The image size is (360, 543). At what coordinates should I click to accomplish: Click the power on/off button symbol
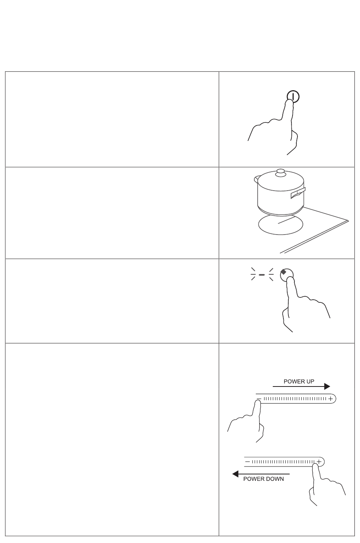pyautogui.click(x=293, y=97)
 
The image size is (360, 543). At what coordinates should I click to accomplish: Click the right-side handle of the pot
pyautogui.click(x=298, y=193)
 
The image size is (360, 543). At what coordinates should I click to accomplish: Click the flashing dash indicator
pyautogui.click(x=262, y=275)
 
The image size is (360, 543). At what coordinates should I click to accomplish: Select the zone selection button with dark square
pyautogui.click(x=286, y=275)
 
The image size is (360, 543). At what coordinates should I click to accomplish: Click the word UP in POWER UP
pyautogui.click(x=310, y=381)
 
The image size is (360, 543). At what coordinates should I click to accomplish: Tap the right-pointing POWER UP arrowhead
pyautogui.click(x=327, y=387)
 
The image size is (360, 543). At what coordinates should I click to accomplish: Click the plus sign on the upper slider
pyautogui.click(x=330, y=399)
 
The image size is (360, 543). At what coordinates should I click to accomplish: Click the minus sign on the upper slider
pyautogui.click(x=259, y=399)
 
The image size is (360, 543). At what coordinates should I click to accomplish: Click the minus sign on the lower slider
pyautogui.click(x=247, y=462)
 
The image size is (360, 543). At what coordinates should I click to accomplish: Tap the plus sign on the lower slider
pyautogui.click(x=319, y=462)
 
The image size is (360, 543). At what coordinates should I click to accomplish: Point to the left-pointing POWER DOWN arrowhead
pyautogui.click(x=235, y=474)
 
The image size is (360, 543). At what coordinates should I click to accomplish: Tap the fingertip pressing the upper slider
pyautogui.click(x=258, y=403)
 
